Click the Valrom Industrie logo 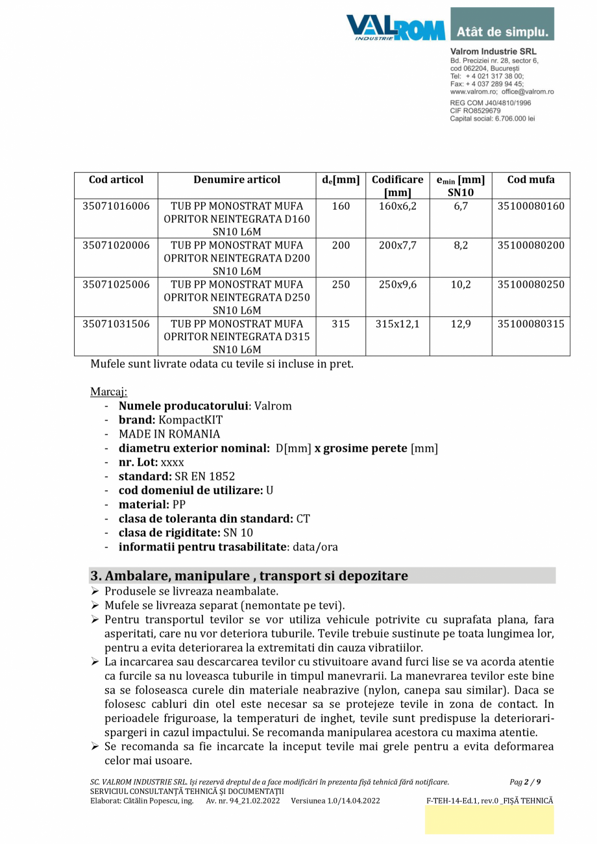pyautogui.click(x=395, y=27)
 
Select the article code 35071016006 pyautogui.click(x=116, y=206)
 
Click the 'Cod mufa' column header pyautogui.click(x=530, y=180)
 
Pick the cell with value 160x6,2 pyautogui.click(x=397, y=206)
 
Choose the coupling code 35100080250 pyautogui.click(x=530, y=284)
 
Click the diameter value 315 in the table pyautogui.click(x=340, y=323)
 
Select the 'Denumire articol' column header pyautogui.click(x=237, y=180)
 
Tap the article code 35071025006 pyautogui.click(x=116, y=284)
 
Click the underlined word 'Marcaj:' pyautogui.click(x=109, y=391)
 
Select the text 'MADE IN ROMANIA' pyautogui.click(x=169, y=434)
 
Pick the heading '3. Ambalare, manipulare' pyautogui.click(x=249, y=576)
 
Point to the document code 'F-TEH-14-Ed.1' pyautogui.click(x=452, y=801)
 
